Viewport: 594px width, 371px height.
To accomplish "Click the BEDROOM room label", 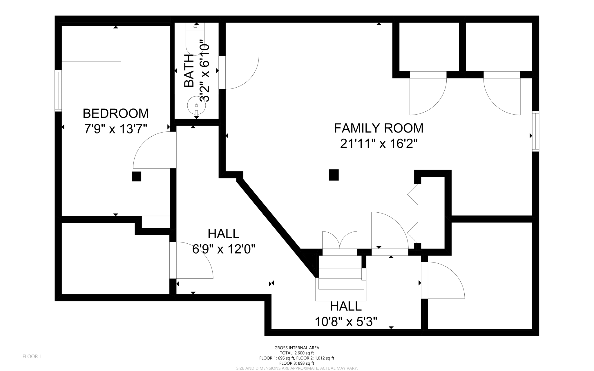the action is click(x=116, y=113).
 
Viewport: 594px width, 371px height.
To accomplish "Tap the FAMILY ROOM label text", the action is click(x=379, y=128).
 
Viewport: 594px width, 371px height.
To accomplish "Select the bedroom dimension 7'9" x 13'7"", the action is click(x=116, y=129).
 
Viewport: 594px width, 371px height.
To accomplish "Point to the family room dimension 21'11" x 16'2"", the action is click(x=379, y=144).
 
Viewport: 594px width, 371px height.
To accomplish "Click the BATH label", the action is click(x=189, y=70).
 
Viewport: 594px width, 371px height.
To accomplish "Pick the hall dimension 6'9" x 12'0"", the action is click(x=224, y=249).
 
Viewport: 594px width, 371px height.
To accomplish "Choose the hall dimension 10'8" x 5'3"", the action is click(x=346, y=321).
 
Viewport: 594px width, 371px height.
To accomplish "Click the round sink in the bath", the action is click(x=196, y=105).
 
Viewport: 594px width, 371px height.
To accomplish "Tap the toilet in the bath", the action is click(x=195, y=39).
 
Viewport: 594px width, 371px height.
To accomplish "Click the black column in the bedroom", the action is click(x=137, y=177).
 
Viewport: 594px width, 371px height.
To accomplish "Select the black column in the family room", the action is click(x=334, y=175).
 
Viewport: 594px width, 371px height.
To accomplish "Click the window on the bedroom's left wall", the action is click(x=58, y=91).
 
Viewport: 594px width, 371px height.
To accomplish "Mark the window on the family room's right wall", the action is click(x=535, y=131).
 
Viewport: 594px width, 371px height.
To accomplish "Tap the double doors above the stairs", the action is click(x=340, y=240).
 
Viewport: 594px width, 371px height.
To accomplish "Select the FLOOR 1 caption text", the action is click(x=32, y=356).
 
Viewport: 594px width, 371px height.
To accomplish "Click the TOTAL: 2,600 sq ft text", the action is click(x=297, y=353).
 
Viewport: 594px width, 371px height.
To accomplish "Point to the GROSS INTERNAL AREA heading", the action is click(x=297, y=348).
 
